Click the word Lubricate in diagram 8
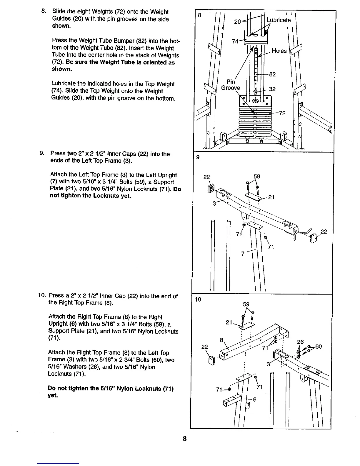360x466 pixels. point(278,20)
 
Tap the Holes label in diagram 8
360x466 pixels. point(279,51)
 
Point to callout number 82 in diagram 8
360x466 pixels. point(272,74)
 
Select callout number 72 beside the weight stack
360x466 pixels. point(282,113)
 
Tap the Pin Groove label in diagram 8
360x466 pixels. point(231,85)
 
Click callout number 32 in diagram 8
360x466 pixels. point(272,89)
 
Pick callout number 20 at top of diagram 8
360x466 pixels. point(237,21)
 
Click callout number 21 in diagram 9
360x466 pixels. point(271,197)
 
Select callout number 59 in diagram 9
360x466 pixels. point(257,177)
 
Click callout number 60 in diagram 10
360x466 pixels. point(319,347)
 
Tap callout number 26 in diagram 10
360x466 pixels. point(300,342)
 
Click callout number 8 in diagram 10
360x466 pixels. point(222,341)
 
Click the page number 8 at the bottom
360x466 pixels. point(185,439)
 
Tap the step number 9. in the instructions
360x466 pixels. point(42,154)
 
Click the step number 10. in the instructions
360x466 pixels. point(41,296)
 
